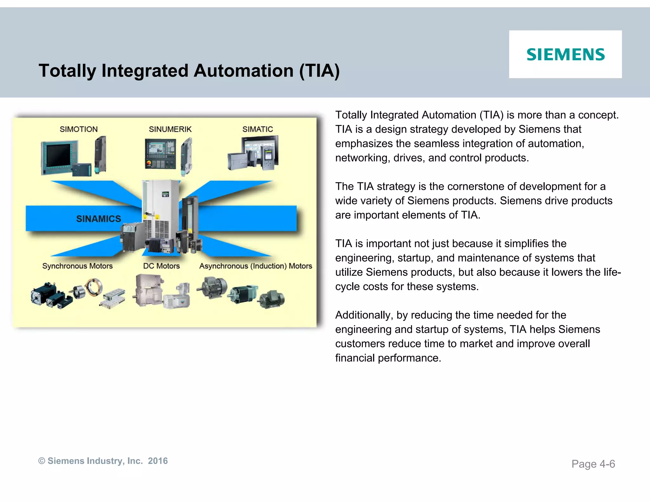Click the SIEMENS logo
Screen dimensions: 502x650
pos(566,55)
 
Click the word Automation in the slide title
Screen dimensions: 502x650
pos(243,70)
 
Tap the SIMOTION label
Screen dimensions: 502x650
pos(78,129)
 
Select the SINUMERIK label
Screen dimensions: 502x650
pos(170,129)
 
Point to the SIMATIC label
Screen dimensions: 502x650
pos(257,129)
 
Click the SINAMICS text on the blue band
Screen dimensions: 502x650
pos(98,219)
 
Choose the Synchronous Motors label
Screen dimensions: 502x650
pos(77,266)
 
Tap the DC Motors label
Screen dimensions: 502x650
pos(161,266)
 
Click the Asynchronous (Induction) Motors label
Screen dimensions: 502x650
pos(255,266)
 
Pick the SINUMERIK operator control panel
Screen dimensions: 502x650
pos(160,154)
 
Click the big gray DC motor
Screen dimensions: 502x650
pos(148,290)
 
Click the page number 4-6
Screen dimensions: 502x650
pos(607,464)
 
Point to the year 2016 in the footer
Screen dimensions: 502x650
pos(158,461)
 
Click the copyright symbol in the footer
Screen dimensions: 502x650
pos(42,461)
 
